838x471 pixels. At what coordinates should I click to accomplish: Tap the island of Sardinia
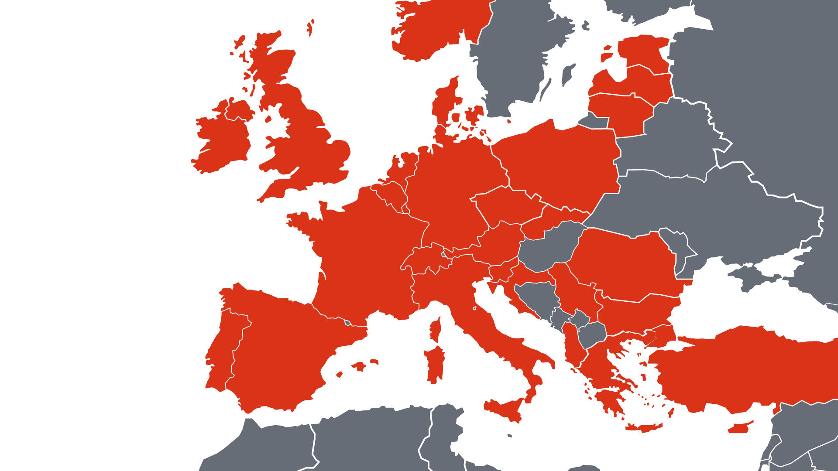(435, 364)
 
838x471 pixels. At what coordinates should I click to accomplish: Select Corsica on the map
(436, 330)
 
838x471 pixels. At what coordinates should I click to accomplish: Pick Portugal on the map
(223, 349)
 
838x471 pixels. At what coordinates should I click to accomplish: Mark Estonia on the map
(644, 52)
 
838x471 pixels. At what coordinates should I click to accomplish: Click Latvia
(642, 83)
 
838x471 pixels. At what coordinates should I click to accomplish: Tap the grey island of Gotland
(567, 74)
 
